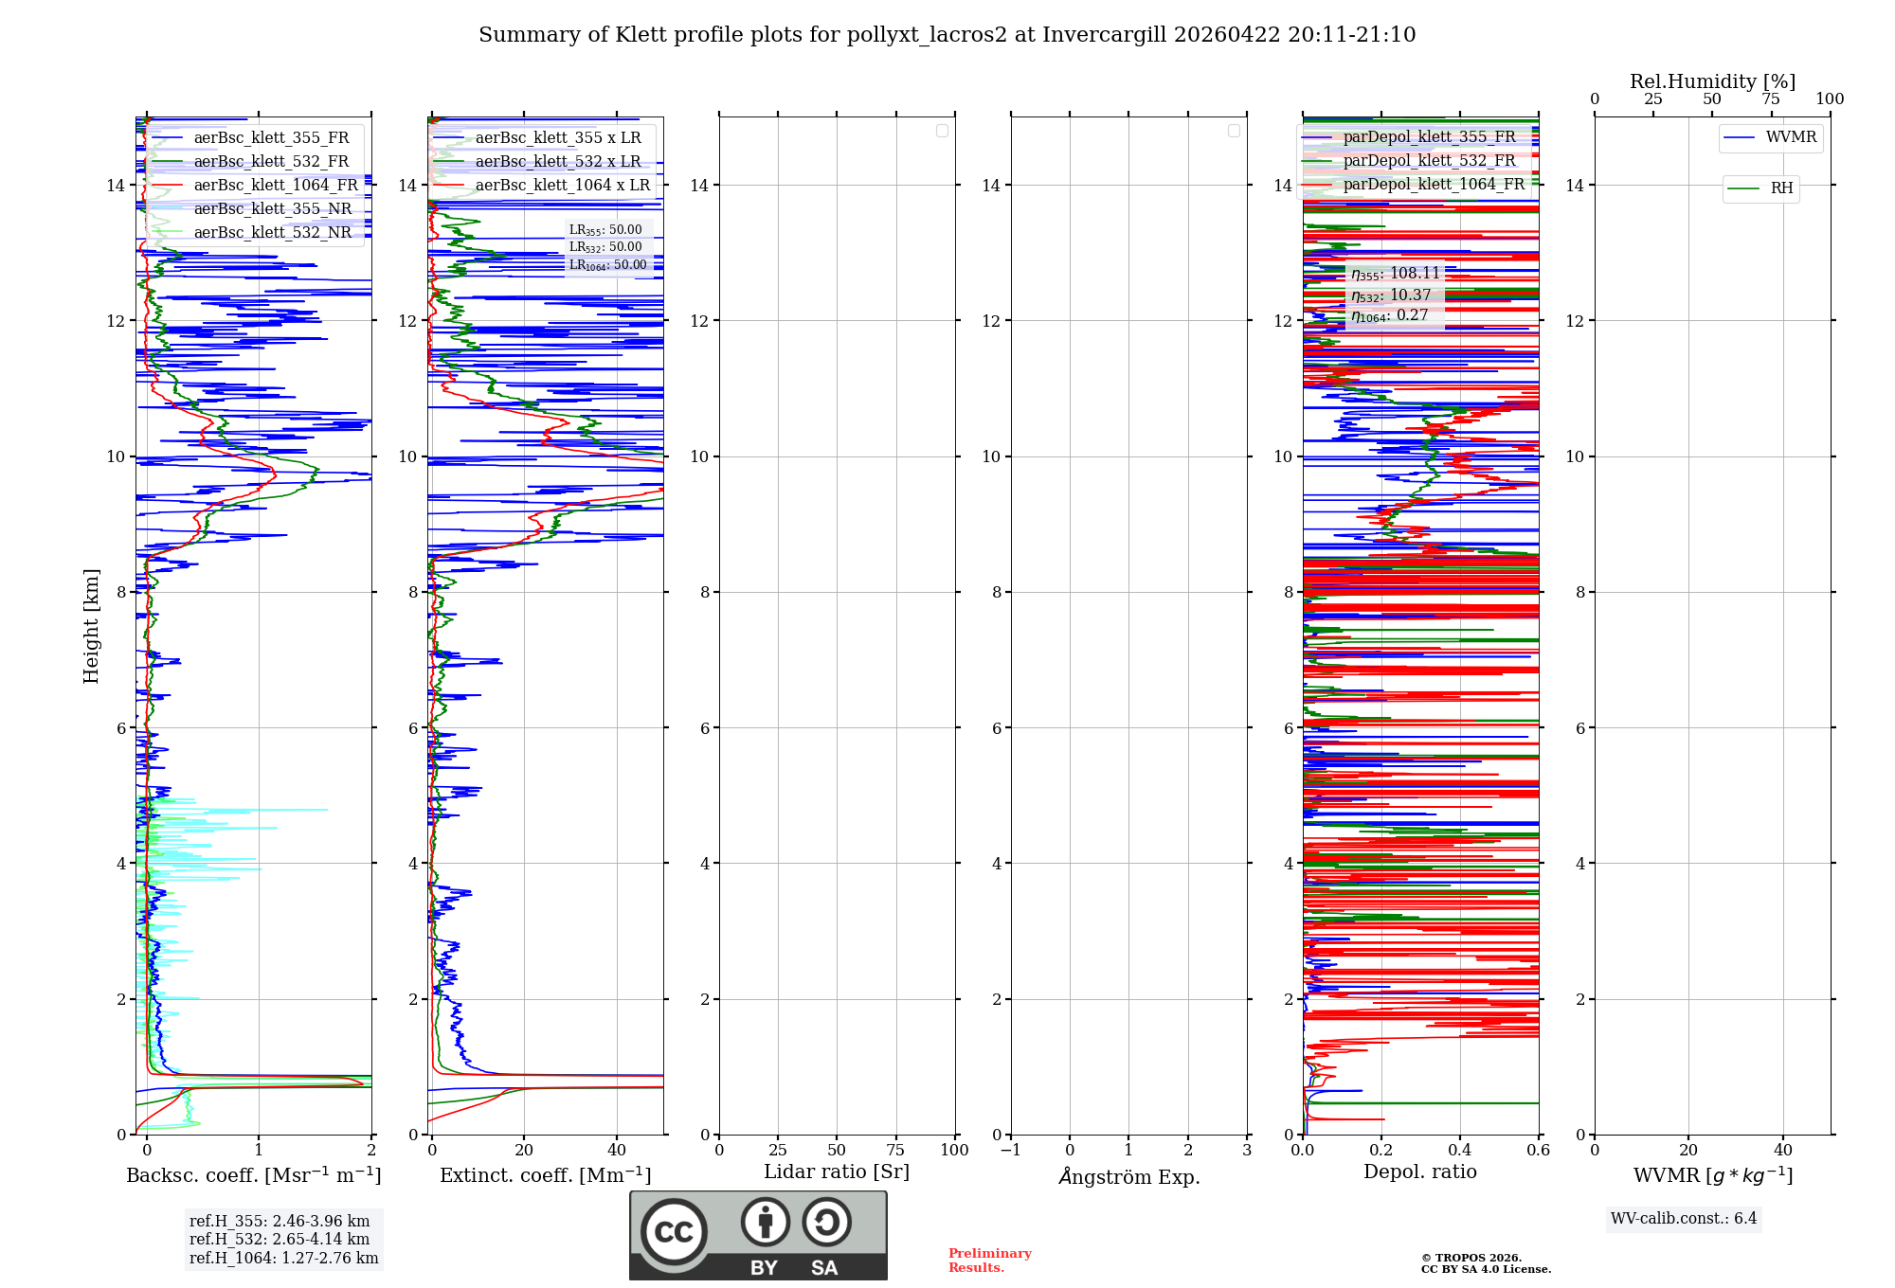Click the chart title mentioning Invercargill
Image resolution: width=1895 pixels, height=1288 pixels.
947,35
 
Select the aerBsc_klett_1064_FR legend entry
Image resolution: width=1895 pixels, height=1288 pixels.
275,185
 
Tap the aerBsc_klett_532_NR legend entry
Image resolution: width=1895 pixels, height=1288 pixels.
272,233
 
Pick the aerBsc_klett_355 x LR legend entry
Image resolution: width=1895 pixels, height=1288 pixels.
557,138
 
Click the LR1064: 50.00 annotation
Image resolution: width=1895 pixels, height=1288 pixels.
607,265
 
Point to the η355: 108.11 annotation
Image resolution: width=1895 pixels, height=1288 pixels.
1395,274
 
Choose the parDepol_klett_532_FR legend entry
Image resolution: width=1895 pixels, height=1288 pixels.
1429,161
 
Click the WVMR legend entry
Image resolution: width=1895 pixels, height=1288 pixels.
1790,137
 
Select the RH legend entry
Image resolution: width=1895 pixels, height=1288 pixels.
1781,188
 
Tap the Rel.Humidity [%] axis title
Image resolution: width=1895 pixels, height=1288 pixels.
1712,81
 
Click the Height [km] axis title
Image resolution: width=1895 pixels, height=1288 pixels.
91,626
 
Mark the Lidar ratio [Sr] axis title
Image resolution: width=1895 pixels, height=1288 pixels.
837,1172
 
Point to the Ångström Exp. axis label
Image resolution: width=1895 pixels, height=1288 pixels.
1129,1176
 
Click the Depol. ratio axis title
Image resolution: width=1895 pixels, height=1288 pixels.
1419,1172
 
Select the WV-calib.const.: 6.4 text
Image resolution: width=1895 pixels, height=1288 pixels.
1684,1219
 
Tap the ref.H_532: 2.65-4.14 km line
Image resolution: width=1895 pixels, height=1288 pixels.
280,1240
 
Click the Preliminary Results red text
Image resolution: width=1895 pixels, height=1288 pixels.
989,1261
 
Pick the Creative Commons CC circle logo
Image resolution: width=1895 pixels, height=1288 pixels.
674,1232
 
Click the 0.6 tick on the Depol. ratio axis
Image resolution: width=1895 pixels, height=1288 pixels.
1538,1151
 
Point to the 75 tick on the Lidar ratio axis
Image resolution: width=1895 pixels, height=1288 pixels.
895,1151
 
